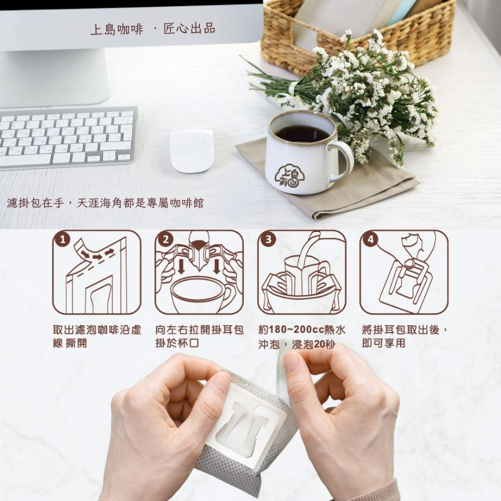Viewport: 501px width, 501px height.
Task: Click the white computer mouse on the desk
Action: [191, 149]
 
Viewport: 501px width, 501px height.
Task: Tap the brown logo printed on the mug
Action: [290, 175]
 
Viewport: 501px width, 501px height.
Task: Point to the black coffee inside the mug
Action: [302, 133]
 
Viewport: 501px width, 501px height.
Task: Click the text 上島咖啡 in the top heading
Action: [116, 29]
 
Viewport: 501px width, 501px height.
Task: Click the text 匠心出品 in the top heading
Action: [189, 29]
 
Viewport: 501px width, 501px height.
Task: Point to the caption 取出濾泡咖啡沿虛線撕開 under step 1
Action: [97, 337]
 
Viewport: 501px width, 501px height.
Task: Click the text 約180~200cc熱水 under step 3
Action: [302, 330]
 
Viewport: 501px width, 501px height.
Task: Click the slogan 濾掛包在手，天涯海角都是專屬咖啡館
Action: [105, 203]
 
